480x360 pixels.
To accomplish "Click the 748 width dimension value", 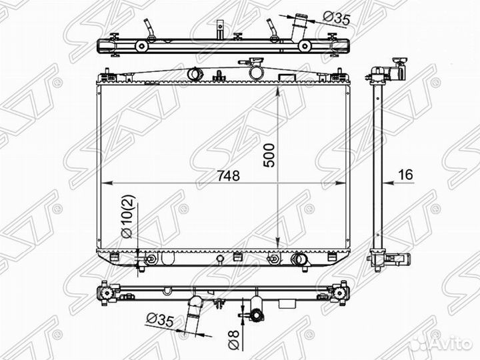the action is pyautogui.click(x=229, y=176).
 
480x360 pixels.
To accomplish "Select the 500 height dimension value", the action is pyautogui.click(x=269, y=155).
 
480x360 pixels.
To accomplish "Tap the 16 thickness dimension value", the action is pyautogui.click(x=405, y=175).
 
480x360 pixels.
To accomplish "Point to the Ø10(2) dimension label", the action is pyautogui.click(x=127, y=216).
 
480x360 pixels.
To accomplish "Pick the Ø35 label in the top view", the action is pyautogui.click(x=337, y=18).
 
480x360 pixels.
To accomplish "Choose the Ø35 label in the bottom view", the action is pyautogui.click(x=160, y=320).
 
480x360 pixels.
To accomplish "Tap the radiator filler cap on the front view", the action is pyautogui.click(x=257, y=71).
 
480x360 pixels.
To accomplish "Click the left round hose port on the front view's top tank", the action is pyautogui.click(x=193, y=73).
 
